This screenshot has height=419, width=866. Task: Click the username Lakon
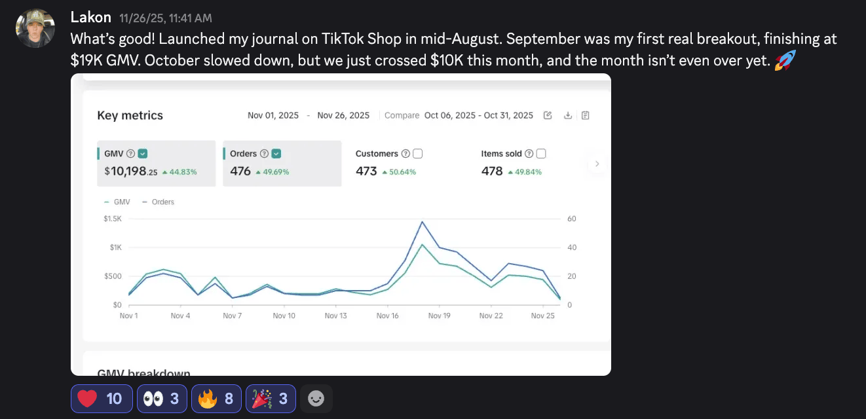coord(91,18)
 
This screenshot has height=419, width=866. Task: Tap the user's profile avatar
coord(35,28)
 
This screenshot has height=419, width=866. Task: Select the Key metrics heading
coord(130,115)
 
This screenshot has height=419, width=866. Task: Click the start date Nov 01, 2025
coord(273,115)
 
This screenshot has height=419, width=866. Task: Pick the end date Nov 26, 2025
coord(343,115)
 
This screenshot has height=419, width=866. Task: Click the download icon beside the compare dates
coord(568,115)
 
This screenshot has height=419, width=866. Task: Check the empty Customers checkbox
coord(417,154)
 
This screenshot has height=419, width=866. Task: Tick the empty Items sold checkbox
coord(541,154)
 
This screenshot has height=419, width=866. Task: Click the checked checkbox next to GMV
coord(143,154)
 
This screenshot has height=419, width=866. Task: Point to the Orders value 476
coord(240,172)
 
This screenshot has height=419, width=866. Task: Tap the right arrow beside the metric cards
coord(597,164)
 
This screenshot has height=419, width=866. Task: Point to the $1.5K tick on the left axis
coord(113,219)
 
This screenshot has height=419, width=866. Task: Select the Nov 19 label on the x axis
coord(439,316)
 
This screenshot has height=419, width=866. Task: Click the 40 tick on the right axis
coord(571,247)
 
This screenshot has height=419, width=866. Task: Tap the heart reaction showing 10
coord(102,399)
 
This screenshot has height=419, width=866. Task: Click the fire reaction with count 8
coord(216,399)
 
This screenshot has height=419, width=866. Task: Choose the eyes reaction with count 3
coord(162,399)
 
